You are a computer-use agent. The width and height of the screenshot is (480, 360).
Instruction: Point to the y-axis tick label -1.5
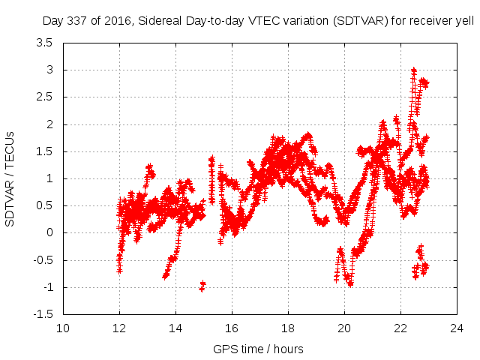(43, 314)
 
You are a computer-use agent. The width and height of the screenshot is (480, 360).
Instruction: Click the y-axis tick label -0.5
(43, 260)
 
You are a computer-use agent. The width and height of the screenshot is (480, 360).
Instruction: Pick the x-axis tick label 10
(63, 328)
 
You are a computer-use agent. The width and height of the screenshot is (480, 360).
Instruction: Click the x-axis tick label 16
(232, 328)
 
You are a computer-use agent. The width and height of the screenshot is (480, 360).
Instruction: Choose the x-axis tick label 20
(344, 328)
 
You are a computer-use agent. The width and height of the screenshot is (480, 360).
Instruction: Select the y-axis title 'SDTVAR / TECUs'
(10, 178)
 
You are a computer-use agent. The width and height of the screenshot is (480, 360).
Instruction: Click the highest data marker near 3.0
(414, 70)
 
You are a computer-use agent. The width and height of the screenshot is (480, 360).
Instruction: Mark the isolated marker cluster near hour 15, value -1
(202, 285)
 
